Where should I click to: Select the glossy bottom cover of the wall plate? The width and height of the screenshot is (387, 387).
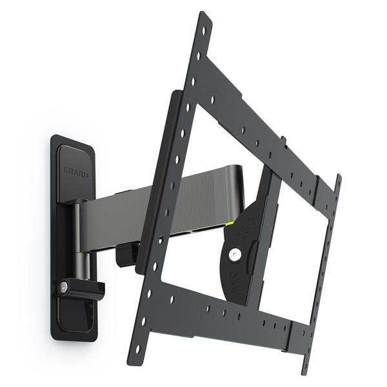76,316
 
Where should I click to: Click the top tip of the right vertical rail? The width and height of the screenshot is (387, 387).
337,177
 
